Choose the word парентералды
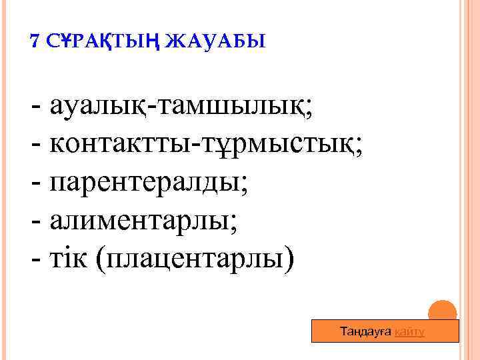145,181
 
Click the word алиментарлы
139,217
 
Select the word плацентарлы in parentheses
194,255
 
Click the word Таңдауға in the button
366,332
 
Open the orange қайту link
409,332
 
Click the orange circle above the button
441,311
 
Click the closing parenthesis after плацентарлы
288,255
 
